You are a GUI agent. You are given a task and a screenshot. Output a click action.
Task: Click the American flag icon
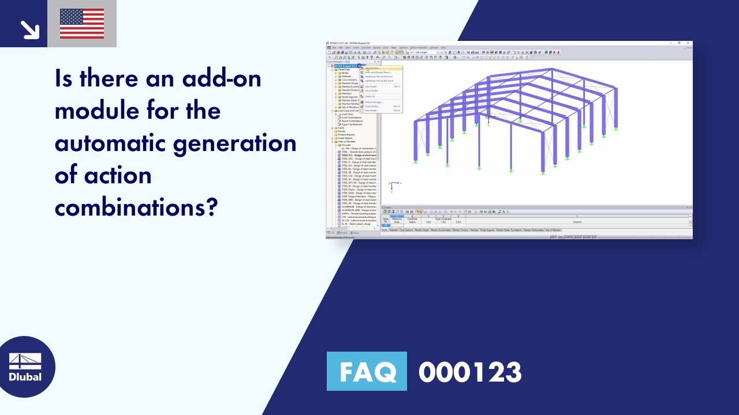click(x=82, y=24)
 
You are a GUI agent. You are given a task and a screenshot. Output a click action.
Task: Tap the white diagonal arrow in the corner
click(x=28, y=29)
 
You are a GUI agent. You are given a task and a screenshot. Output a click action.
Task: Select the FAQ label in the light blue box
click(x=367, y=372)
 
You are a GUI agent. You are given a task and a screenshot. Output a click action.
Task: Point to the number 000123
click(x=470, y=372)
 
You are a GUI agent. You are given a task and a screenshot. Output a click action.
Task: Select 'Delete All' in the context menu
click(x=370, y=96)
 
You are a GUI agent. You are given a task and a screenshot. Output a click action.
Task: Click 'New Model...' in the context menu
click(x=372, y=110)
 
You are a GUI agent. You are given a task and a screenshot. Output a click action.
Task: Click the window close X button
click(x=688, y=43)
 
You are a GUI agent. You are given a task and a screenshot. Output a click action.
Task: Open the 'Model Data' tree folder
click(x=345, y=69)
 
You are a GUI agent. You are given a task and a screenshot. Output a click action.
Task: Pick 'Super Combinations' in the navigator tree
click(x=352, y=124)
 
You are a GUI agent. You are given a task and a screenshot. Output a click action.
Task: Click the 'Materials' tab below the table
click(x=393, y=230)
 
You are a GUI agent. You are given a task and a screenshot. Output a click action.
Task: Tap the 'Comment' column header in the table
click(x=577, y=222)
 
